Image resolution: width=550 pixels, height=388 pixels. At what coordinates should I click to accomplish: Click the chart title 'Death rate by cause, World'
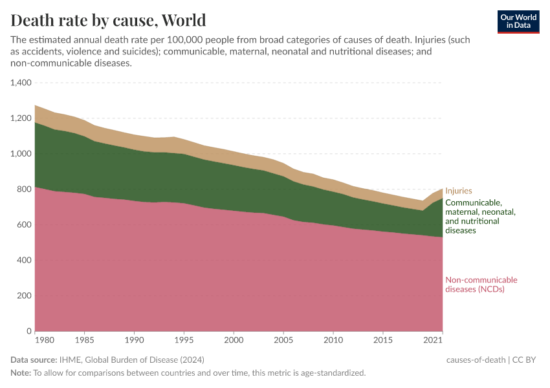coord(108,20)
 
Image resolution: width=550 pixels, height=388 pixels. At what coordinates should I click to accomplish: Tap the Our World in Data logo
coord(518,21)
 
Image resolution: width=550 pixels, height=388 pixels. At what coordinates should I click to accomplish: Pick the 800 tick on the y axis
coord(25,189)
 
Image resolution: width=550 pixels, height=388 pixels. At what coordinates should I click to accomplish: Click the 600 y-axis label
coord(25,225)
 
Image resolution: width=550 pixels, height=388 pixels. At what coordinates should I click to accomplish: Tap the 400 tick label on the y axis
coord(25,261)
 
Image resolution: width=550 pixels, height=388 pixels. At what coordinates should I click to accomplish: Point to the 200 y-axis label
coord(25,296)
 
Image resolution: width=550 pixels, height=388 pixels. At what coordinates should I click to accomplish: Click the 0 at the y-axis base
coord(29,331)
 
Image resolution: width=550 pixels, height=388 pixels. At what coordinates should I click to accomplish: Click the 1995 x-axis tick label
coord(184,339)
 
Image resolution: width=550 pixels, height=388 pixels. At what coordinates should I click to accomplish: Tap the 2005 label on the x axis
coord(283,339)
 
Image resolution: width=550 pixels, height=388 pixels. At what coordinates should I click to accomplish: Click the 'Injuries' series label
coord(459,191)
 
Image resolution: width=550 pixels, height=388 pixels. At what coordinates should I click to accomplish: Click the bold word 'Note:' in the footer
coord(20,373)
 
